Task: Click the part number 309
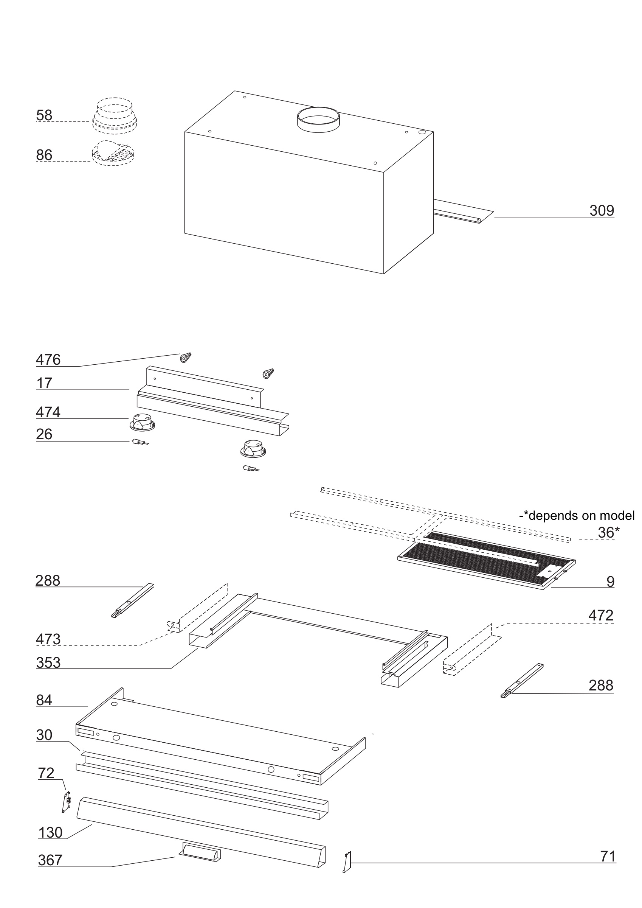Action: [x=601, y=211]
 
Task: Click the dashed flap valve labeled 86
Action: [x=113, y=153]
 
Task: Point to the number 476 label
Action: [x=48, y=360]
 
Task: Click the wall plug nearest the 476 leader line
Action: [x=185, y=358]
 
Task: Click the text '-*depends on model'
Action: [x=576, y=516]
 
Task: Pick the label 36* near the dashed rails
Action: [x=608, y=533]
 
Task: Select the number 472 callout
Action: [x=600, y=616]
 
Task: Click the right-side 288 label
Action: [x=600, y=685]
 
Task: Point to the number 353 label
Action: [x=48, y=663]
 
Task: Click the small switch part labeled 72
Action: [x=67, y=802]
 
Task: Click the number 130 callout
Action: [x=50, y=833]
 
